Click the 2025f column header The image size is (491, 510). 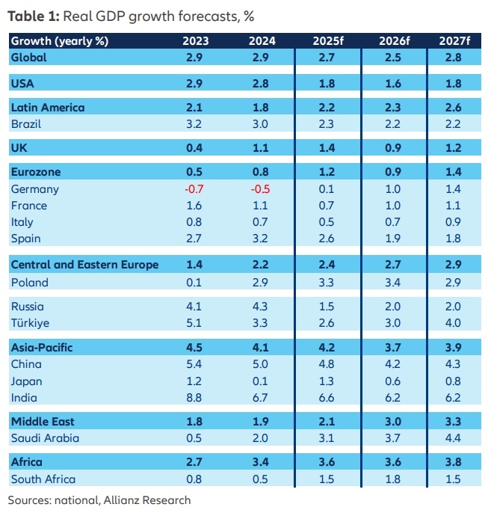(327, 41)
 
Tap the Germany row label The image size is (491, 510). (34, 189)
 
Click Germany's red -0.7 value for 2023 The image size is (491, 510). (194, 189)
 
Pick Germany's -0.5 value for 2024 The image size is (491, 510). (258, 189)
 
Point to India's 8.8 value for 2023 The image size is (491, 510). (194, 398)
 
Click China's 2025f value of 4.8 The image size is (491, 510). (327, 364)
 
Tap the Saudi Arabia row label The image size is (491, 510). (45, 438)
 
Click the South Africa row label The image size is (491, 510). (43, 479)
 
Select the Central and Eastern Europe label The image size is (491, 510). (84, 265)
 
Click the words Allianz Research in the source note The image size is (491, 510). (148, 500)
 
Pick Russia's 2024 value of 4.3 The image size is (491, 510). (258, 306)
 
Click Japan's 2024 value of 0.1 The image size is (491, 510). (258, 381)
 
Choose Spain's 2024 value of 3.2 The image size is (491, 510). (258, 239)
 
